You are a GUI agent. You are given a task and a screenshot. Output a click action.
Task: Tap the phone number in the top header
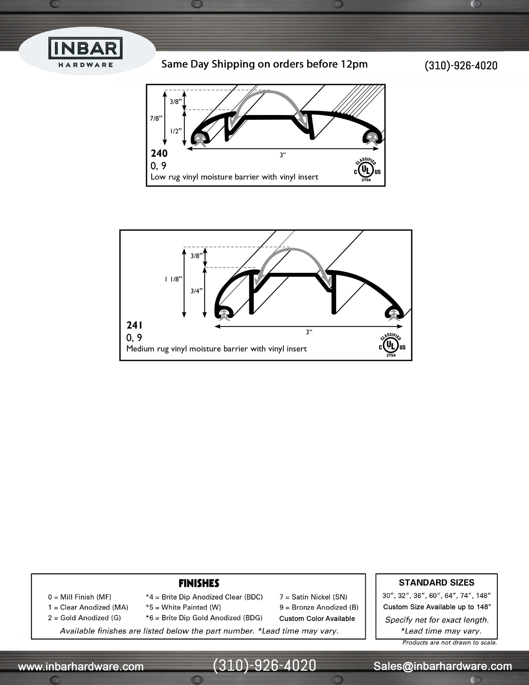pyautogui.click(x=461, y=66)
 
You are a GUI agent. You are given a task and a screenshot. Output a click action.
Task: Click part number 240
pyautogui.click(x=159, y=153)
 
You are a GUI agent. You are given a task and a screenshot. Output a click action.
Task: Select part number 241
pyautogui.click(x=134, y=325)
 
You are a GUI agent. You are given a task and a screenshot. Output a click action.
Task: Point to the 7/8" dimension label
pyautogui.click(x=156, y=118)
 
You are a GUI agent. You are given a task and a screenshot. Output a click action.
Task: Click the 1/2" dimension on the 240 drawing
pyautogui.click(x=176, y=131)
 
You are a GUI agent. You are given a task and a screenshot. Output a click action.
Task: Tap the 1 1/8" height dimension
pyautogui.click(x=173, y=279)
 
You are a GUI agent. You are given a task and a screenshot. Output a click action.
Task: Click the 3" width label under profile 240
pyautogui.click(x=283, y=155)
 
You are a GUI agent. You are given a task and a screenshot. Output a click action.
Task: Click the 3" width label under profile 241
pyautogui.click(x=309, y=332)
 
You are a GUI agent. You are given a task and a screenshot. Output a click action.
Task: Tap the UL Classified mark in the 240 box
pyautogui.click(x=366, y=170)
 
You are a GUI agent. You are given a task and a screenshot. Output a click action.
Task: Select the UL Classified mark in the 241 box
pyautogui.click(x=391, y=345)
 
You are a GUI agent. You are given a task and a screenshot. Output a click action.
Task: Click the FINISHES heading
pyautogui.click(x=199, y=583)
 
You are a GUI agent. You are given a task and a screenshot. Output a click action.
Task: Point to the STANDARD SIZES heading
pyautogui.click(x=436, y=582)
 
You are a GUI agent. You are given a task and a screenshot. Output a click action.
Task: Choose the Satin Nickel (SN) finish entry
pyautogui.click(x=313, y=597)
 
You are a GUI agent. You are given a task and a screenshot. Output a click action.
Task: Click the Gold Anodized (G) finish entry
pyautogui.click(x=84, y=618)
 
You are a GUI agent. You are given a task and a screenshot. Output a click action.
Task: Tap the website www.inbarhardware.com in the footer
pyautogui.click(x=81, y=666)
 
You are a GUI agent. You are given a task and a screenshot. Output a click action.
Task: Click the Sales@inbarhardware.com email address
pyautogui.click(x=443, y=666)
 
